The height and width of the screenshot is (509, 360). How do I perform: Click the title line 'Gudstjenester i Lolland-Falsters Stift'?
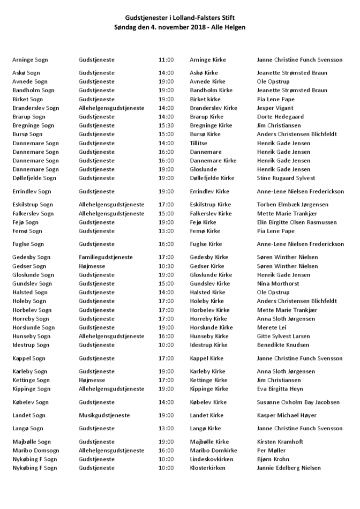[180, 18]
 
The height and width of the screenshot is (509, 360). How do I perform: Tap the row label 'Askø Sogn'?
[26, 73]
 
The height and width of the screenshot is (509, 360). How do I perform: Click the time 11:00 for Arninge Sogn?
[166, 60]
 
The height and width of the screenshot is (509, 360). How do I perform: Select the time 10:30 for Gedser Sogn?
[166, 266]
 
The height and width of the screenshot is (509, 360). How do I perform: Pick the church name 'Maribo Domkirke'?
[213, 451]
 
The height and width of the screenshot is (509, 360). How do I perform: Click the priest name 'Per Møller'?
[272, 451]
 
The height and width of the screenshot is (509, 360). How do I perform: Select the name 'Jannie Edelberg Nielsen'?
[289, 468]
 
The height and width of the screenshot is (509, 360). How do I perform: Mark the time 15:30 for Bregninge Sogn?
[166, 125]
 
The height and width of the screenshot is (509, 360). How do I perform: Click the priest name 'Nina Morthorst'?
[278, 283]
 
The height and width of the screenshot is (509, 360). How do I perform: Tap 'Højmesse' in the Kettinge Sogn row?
[92, 380]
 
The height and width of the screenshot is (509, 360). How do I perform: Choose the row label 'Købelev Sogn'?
[31, 402]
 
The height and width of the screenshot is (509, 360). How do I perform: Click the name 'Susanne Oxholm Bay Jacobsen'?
[298, 402]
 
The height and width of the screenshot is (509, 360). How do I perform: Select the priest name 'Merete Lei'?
[272, 327]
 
